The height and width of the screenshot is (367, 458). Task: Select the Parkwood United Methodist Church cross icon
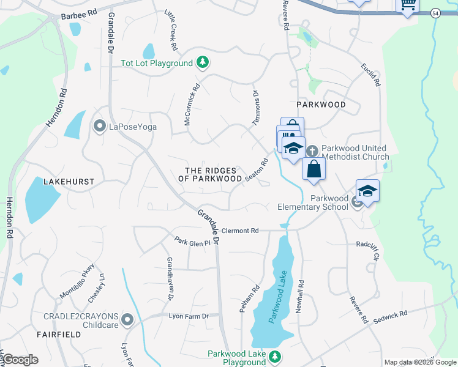point(312,150)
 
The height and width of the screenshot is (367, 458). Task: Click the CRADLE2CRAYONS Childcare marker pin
point(127,319)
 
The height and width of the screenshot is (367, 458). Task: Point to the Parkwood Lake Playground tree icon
point(276,356)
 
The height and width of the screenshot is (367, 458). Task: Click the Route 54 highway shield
point(435,13)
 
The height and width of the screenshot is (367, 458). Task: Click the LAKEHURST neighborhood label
point(69,182)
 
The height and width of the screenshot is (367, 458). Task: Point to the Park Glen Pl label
point(192,242)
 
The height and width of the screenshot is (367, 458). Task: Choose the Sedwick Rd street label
point(390,314)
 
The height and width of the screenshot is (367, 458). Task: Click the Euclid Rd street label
point(371,73)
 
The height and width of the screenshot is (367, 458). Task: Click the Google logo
point(21,359)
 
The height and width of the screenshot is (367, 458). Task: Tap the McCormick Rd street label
point(192,105)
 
